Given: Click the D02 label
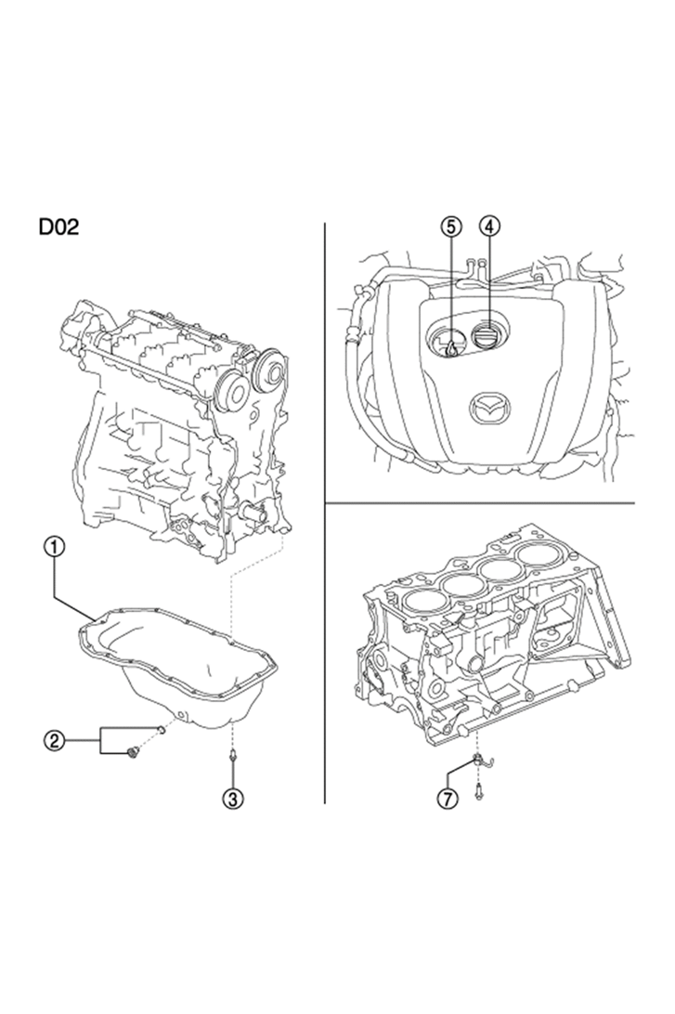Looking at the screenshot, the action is click(x=58, y=227).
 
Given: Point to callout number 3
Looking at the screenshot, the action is click(x=233, y=799).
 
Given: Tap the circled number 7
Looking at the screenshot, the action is click(x=447, y=799).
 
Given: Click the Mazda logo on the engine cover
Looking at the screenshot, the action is click(x=488, y=409).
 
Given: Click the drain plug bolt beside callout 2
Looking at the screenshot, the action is click(x=133, y=752).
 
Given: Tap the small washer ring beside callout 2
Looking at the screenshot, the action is click(x=161, y=730).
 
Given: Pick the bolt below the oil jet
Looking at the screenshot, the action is click(x=478, y=790).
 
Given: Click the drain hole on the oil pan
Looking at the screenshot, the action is click(x=183, y=715).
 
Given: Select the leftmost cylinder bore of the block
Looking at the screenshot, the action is click(x=422, y=602).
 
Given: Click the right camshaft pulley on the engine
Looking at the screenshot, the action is click(x=270, y=371).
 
